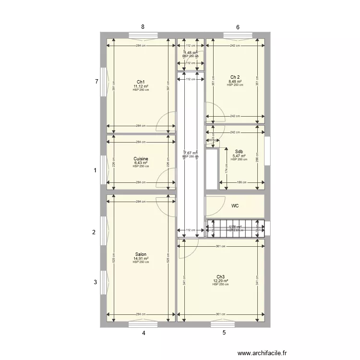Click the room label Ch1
[141, 82]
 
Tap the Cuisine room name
[141, 159]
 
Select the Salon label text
[141, 254]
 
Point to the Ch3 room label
[220, 277]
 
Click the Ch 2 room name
[235, 77]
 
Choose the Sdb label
[239, 151]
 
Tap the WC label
[235, 206]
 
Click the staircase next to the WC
[235, 228]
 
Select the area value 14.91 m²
[141, 259]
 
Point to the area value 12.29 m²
[220, 281]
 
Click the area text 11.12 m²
[141, 86]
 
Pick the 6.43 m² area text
[141, 163]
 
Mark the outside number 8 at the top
[143, 27]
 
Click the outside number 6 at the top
[238, 27]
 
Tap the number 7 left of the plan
[96, 82]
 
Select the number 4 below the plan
[143, 332]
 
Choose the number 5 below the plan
[224, 332]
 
